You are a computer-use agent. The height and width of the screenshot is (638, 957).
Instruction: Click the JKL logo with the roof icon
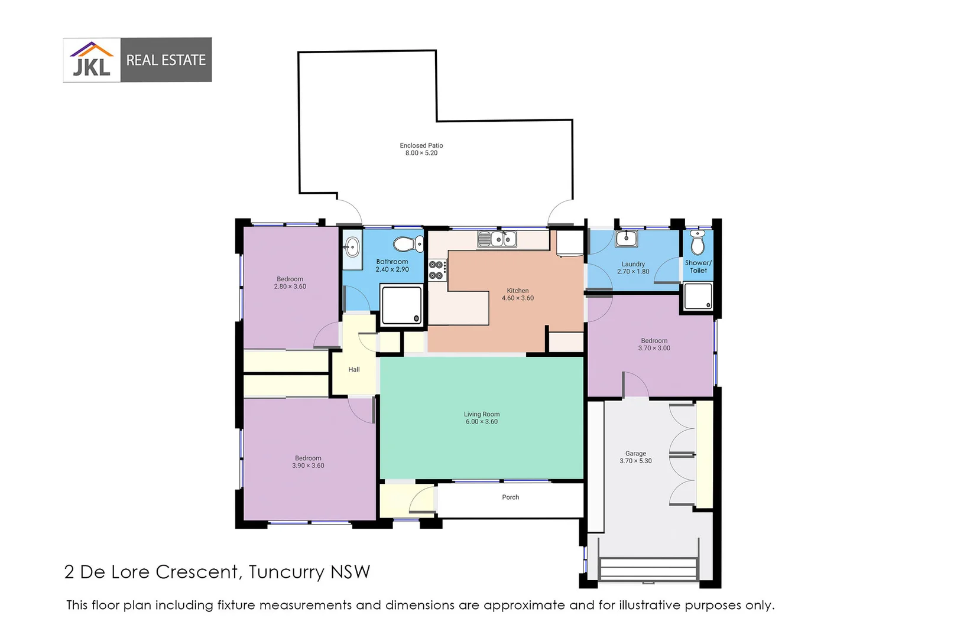92,60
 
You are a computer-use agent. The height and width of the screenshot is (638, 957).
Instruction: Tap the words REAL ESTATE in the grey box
166,60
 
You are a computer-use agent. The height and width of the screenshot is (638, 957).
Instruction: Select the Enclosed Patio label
421,149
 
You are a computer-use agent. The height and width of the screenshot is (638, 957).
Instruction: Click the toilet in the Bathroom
408,244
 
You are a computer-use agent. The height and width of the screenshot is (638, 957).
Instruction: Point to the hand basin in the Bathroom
352,247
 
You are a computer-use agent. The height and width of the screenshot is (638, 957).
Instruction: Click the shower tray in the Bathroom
402,305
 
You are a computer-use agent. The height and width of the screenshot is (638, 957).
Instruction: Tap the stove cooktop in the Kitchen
437,270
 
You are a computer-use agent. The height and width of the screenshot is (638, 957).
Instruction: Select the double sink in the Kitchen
497,239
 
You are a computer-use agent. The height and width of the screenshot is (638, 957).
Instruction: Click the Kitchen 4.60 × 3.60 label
517,294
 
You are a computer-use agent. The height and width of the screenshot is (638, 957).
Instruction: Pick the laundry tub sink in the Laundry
626,239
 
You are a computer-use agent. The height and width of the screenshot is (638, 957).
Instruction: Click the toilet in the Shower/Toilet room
698,243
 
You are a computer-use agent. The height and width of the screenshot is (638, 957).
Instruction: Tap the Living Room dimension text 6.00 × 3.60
481,422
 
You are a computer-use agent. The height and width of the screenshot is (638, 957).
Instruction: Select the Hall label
353,370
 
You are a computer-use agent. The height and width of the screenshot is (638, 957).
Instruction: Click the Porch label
510,497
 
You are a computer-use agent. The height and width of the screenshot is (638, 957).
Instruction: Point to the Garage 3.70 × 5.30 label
635,457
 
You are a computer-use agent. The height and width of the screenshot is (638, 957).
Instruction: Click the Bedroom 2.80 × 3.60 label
290,283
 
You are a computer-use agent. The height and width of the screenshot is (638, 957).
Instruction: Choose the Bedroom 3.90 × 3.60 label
308,462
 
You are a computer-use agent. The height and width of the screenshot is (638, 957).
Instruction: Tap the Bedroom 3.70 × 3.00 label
654,344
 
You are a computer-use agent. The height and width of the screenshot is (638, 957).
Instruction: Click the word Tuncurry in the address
287,572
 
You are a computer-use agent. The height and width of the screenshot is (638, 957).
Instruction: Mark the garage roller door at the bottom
648,569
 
